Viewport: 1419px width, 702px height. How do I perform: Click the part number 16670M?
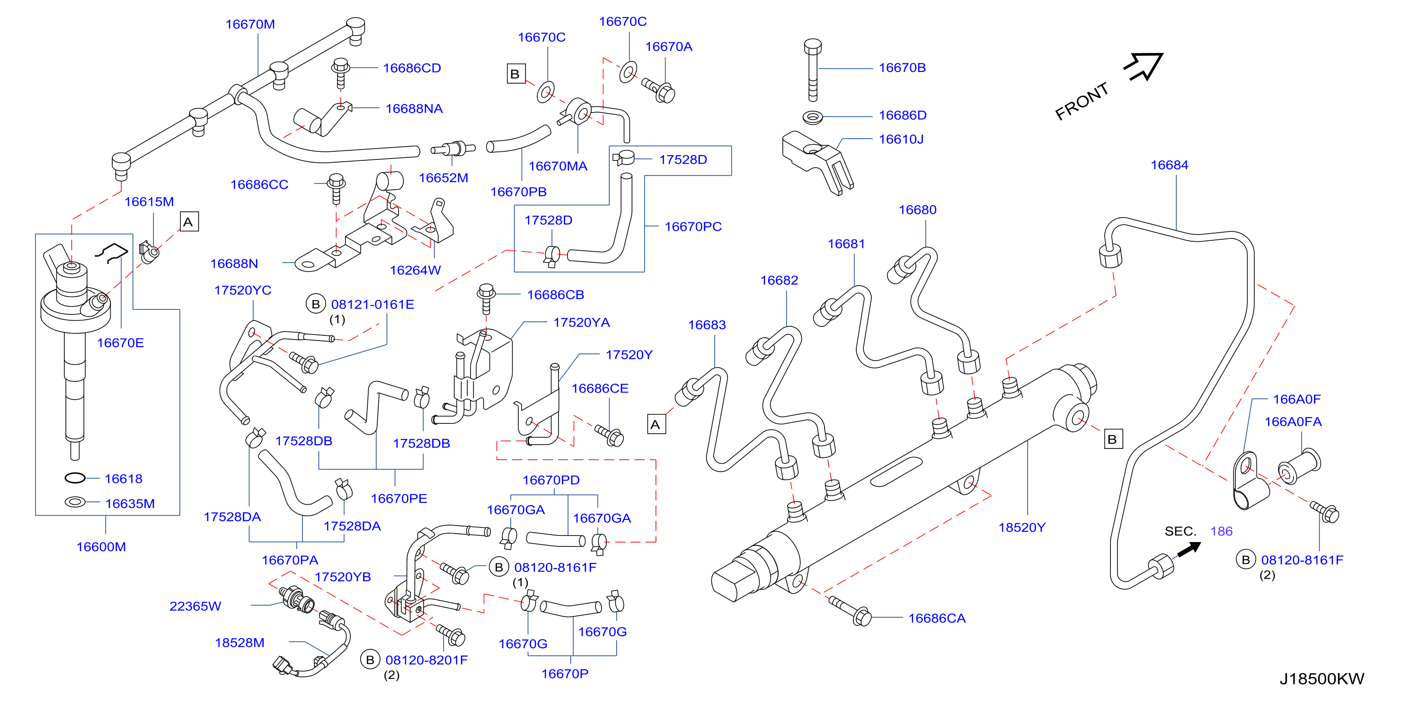pos(250,24)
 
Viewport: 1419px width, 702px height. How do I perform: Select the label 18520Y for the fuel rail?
pos(1022,527)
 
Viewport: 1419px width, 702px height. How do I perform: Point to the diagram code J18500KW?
pos(1321,679)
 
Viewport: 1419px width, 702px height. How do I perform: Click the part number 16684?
pos(1170,165)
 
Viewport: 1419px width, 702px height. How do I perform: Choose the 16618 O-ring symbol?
pos(75,478)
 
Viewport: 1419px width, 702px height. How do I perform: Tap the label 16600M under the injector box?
pos(101,547)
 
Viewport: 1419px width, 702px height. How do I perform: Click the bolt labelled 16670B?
pos(813,70)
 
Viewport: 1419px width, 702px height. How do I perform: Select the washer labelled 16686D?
pos(813,117)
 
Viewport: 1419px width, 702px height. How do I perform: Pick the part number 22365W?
pos(195,606)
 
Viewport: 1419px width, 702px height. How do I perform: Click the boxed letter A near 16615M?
pos(189,222)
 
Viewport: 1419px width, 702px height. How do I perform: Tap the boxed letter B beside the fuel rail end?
pos(1113,439)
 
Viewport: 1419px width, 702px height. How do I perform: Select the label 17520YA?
pos(582,323)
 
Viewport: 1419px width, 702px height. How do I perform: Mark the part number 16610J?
pos(901,139)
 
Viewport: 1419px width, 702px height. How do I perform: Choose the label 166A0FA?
pos(1293,422)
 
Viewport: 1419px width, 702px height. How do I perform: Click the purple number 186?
pos(1221,531)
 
